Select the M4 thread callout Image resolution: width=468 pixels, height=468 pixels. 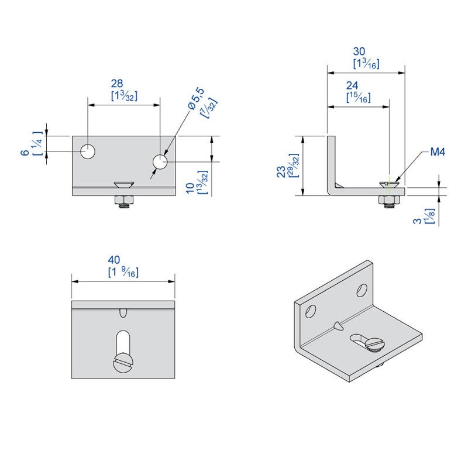(438, 152)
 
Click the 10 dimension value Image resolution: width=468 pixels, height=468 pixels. (189, 188)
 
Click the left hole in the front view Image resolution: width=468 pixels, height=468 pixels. (88, 152)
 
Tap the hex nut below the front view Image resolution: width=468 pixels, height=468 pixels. (123, 202)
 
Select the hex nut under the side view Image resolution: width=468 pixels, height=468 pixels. (389, 201)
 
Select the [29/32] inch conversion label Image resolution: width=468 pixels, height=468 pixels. (294, 166)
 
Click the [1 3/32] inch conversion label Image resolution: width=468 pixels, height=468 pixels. (123, 96)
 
